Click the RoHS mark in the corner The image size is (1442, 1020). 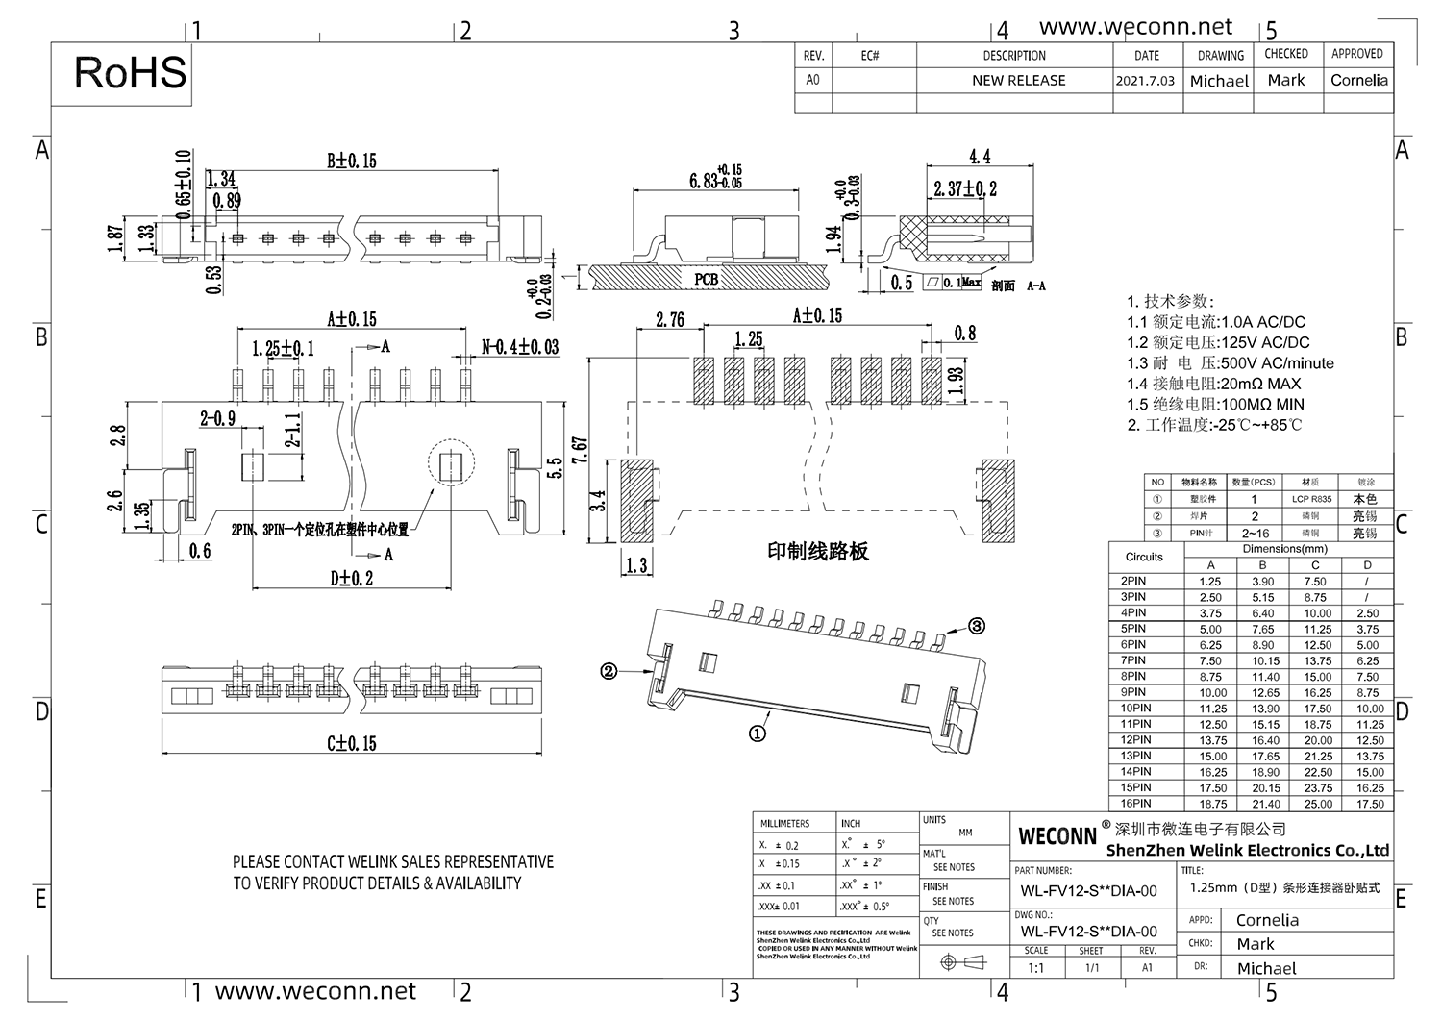pos(130,73)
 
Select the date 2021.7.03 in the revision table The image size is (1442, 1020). pos(1145,81)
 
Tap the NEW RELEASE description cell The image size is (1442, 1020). pos(1018,81)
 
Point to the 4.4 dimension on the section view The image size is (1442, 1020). pos(979,157)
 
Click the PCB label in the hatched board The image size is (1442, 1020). pos(706,280)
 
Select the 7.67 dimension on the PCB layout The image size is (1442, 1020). pos(579,452)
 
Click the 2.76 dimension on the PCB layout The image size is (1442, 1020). pos(669,320)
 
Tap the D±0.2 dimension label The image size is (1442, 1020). pos(351,579)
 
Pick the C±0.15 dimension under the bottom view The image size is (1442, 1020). pos(351,743)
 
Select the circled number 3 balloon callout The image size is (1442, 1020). pos(976,627)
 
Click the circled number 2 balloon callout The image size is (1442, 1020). pos(608,672)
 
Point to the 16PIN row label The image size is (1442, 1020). pos(1134,804)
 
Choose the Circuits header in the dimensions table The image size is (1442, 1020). pos(1144,557)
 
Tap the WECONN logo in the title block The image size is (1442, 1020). pos(1057,836)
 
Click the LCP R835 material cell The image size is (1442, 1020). pos(1311,500)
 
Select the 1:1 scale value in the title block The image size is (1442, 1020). pos(1035,968)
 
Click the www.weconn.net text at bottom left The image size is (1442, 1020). pos(315,991)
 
